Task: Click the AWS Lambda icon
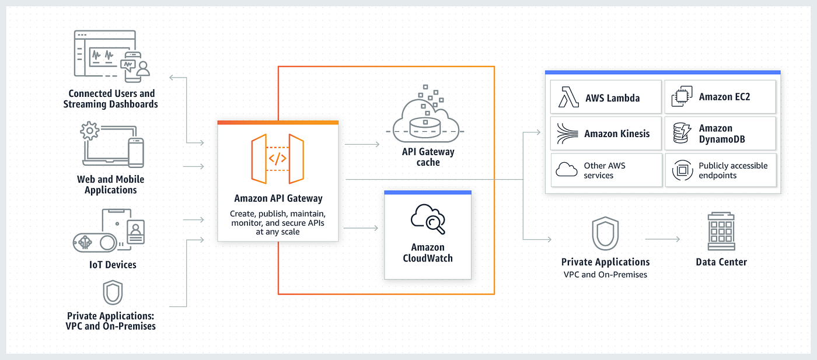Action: pos(568,97)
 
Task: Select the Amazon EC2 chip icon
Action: pos(681,97)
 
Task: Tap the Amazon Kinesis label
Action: pos(617,134)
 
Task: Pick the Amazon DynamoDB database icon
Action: pos(681,134)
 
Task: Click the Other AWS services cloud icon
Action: pos(567,170)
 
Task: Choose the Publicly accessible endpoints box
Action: pos(721,170)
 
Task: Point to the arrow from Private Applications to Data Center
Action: pos(662,239)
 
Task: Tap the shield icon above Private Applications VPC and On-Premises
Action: pos(605,234)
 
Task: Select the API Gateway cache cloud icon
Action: pos(428,120)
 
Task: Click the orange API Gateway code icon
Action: pos(277,158)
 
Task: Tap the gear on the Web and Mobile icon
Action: pos(90,131)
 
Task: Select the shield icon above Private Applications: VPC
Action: pos(112,293)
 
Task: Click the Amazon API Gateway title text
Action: pos(278,199)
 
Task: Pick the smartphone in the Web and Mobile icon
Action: pos(135,153)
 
